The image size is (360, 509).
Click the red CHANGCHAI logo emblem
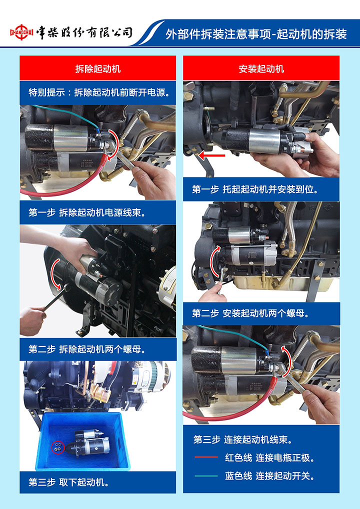click(x=21, y=32)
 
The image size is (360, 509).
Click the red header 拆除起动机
click(x=97, y=68)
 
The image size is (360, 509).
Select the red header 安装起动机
click(x=261, y=68)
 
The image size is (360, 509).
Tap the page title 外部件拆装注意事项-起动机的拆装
click(x=256, y=34)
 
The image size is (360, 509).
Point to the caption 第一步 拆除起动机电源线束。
click(x=86, y=212)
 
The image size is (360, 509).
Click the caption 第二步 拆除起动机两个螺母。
click(x=86, y=349)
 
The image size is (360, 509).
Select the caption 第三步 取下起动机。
click(x=68, y=482)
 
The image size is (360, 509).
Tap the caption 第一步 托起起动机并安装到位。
click(x=255, y=189)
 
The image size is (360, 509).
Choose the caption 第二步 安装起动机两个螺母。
click(x=250, y=313)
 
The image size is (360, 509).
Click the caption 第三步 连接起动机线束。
click(x=243, y=440)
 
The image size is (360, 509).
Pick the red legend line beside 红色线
click(x=206, y=457)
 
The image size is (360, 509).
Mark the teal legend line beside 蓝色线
click(x=206, y=476)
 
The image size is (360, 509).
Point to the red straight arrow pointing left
click(x=211, y=156)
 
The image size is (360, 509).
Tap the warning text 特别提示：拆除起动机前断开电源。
click(x=99, y=92)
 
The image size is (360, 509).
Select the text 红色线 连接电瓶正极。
click(x=270, y=457)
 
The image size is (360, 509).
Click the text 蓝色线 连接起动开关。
click(x=270, y=476)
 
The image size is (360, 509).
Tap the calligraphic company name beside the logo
click(x=84, y=32)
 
